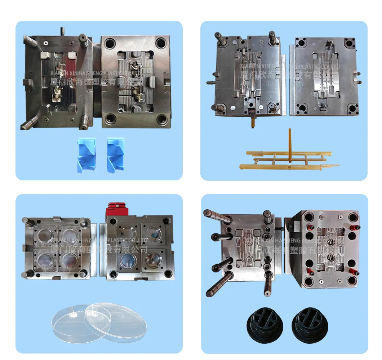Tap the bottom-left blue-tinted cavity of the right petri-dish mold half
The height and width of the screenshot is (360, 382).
click(x=128, y=259)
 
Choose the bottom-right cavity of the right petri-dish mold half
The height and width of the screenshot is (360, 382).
click(x=153, y=259)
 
